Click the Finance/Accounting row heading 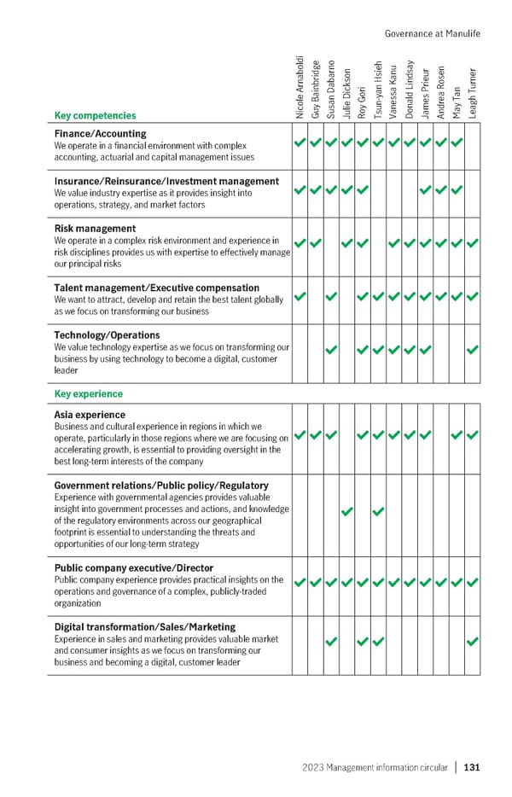tap(100, 134)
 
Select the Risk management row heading tap(95, 229)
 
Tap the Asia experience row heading tap(90, 415)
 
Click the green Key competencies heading tap(95, 115)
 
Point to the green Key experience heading tap(88, 394)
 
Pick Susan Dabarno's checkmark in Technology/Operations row tap(331, 349)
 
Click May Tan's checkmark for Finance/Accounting tap(457, 143)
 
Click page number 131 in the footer tap(472, 767)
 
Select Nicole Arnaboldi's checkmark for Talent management tap(300, 296)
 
